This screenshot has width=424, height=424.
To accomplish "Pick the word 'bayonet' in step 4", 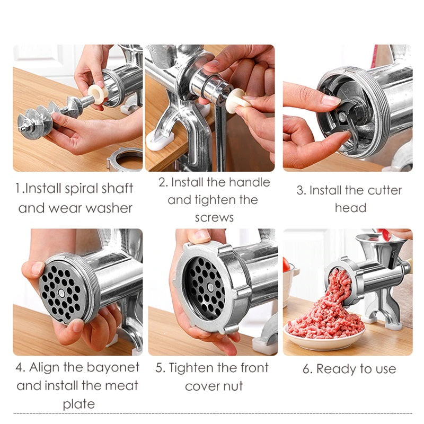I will coord(113,367).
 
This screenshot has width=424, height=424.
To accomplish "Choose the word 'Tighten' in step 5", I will coord(201,368).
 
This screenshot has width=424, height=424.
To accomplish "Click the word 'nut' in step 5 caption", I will coord(232,386).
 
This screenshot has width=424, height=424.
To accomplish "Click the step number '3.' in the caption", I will coord(302,190).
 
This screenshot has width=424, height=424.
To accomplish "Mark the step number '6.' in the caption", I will coord(307,369).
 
